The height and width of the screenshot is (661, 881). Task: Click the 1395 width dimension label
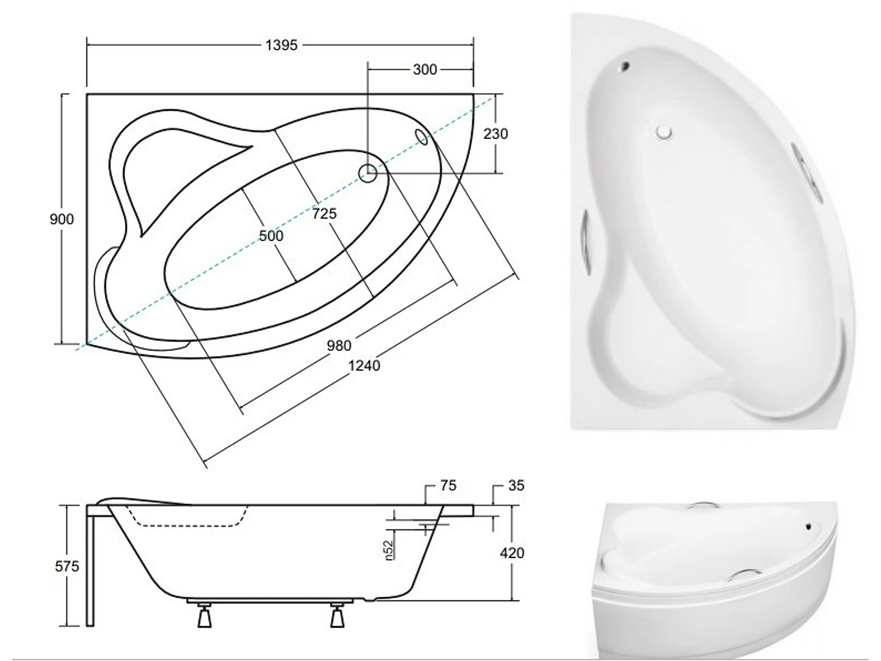pyautogui.click(x=281, y=45)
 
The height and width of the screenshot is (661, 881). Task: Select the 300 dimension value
pyautogui.click(x=424, y=69)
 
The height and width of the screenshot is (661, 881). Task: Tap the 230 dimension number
pyautogui.click(x=495, y=134)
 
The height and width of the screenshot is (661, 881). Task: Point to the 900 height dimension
pyautogui.click(x=62, y=219)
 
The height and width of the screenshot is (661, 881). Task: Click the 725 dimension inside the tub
pyautogui.click(x=324, y=213)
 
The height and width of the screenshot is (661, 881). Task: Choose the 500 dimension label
pyautogui.click(x=271, y=236)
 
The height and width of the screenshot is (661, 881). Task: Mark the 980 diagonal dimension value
pyautogui.click(x=339, y=345)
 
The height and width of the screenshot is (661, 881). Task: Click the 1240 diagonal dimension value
pyautogui.click(x=364, y=365)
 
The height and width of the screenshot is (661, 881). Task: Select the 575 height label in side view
pyautogui.click(x=66, y=566)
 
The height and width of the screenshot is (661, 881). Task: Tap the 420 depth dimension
pyautogui.click(x=512, y=553)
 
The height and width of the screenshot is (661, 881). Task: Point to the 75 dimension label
pyautogui.click(x=448, y=486)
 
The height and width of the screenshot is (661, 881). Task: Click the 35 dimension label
pyautogui.click(x=516, y=486)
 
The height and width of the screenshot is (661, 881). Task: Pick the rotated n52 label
pyautogui.click(x=388, y=549)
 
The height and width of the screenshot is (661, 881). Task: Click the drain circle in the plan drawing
pyautogui.click(x=368, y=173)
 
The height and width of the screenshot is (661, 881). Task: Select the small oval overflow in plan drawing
pyautogui.click(x=422, y=136)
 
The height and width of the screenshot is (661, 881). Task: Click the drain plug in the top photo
pyautogui.click(x=664, y=132)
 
